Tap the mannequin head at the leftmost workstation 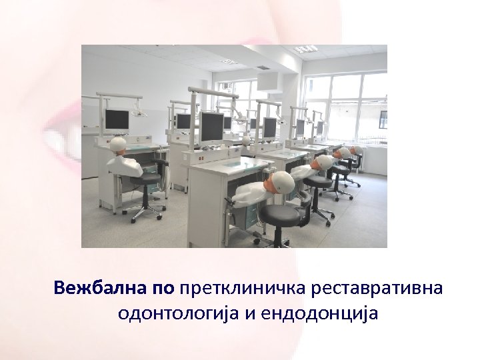[x=119, y=145]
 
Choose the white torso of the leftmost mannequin [x=127, y=164]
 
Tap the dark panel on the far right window [x=383, y=122]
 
